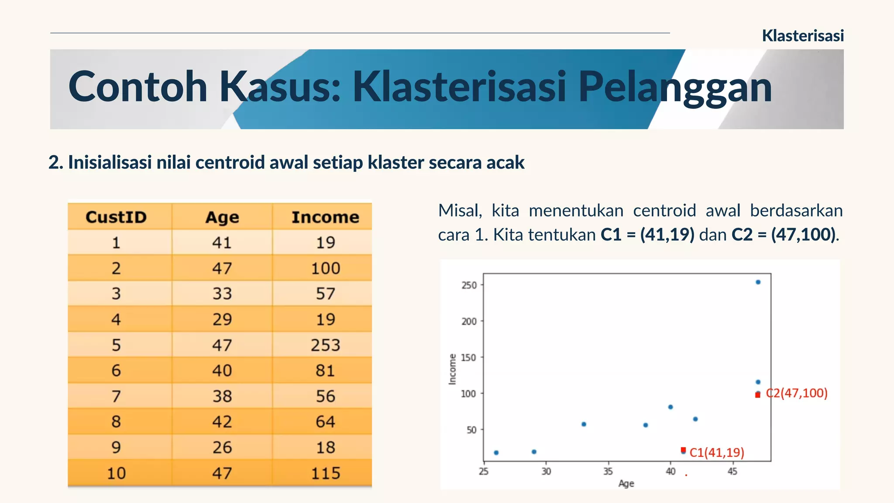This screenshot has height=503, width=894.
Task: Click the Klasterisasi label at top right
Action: click(802, 36)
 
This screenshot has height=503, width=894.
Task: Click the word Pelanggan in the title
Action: click(675, 88)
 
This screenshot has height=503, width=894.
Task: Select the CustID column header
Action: click(116, 217)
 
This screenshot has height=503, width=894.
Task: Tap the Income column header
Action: click(325, 217)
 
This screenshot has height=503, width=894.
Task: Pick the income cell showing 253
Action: click(325, 345)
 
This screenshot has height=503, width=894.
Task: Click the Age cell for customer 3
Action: click(222, 293)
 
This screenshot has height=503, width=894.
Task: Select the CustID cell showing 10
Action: click(116, 473)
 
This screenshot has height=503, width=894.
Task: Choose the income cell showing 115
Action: click(325, 473)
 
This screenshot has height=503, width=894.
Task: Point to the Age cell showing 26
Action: click(222, 447)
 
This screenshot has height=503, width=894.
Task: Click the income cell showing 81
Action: click(325, 370)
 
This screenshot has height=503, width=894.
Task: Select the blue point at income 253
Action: click(758, 282)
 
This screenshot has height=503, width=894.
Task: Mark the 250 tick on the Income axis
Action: click(469, 285)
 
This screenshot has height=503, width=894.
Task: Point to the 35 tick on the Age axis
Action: click(608, 471)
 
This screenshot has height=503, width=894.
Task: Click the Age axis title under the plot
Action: click(626, 483)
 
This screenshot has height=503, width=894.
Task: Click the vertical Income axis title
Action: click(453, 369)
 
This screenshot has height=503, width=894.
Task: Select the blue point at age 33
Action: click(584, 424)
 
